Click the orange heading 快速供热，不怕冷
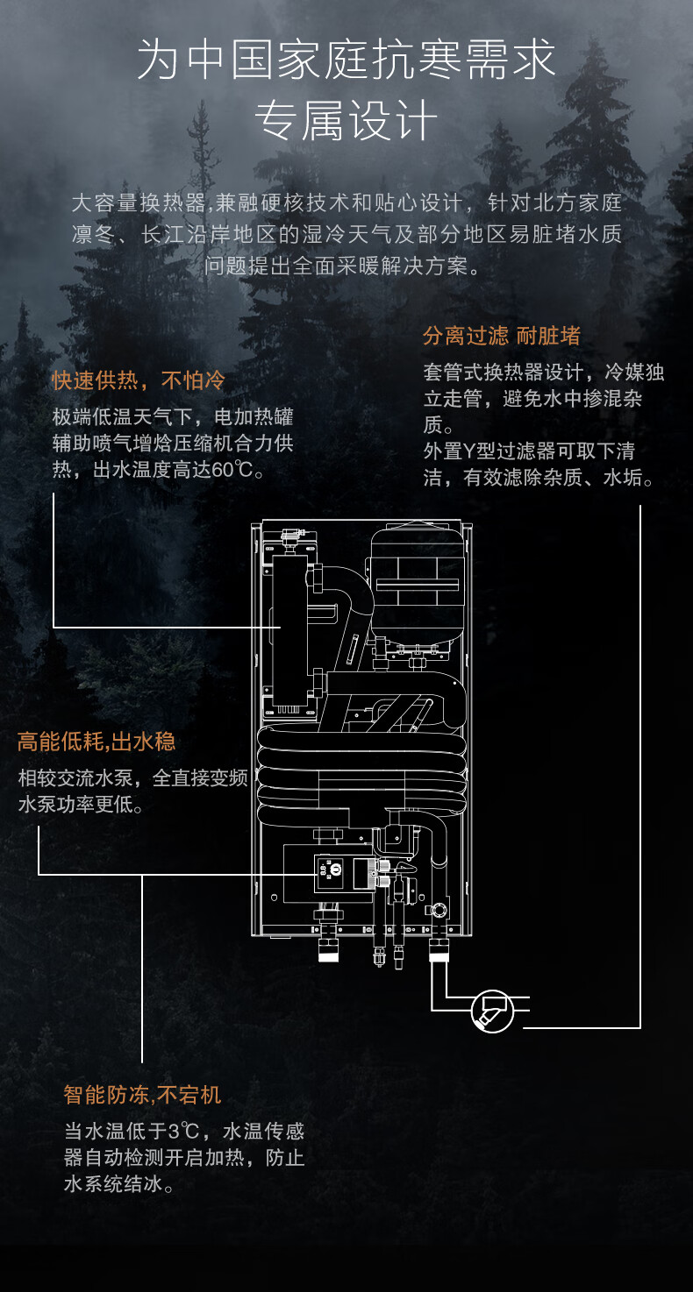[138, 380]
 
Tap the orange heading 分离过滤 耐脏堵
[501, 336]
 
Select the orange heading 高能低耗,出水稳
[96, 742]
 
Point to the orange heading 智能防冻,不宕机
[142, 1095]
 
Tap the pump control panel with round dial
[333, 870]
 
